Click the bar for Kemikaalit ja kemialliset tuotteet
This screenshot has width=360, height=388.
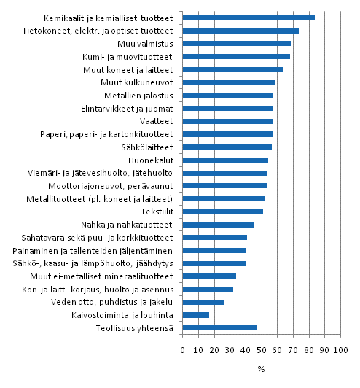[248, 18]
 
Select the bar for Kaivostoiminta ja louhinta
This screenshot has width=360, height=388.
[195, 314]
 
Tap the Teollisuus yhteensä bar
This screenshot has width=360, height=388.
[219, 327]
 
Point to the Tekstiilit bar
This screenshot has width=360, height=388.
[222, 212]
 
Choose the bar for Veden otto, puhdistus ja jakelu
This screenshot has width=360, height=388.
[203, 302]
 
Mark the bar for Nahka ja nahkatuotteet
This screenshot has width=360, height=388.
[218, 225]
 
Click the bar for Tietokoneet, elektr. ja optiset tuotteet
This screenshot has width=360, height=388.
[240, 31]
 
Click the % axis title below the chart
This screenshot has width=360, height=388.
[261, 369]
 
